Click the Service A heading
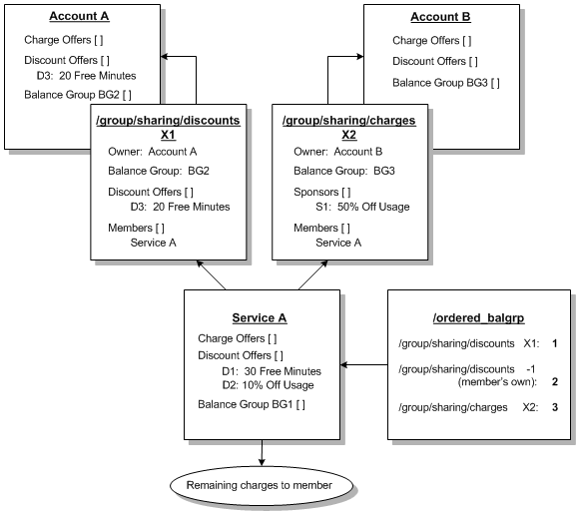coord(260,317)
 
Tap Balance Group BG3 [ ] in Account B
coord(445,82)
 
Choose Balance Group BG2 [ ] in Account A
coord(78,95)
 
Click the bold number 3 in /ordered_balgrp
coord(553,407)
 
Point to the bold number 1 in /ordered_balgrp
coord(553,344)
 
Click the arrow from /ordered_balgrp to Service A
coord(363,365)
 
